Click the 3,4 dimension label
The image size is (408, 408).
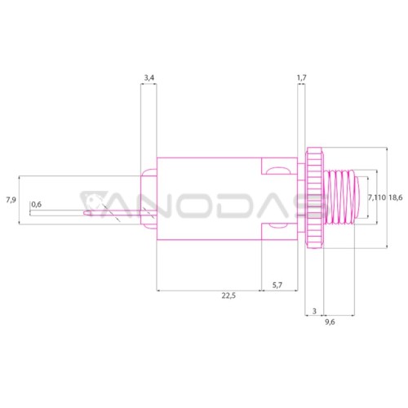coord(149,78)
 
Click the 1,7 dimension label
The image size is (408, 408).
coord(301,78)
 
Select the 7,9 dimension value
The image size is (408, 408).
coord(11,200)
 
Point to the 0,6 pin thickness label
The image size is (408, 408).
coord(36,204)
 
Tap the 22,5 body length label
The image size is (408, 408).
coord(228,295)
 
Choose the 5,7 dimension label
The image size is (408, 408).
coord(277,285)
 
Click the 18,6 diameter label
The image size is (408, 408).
coord(395,197)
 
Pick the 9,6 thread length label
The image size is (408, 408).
coord(330,322)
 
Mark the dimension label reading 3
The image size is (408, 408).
coord(314,311)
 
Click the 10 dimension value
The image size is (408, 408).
coord(382,197)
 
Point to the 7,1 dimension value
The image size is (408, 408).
coord(373,197)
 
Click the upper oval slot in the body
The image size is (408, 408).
coord(278,171)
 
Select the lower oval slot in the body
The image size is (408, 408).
coord(278,225)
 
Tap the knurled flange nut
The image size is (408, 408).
coord(314,197)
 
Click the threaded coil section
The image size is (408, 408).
coord(339,197)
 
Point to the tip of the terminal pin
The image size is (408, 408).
coord(84,213)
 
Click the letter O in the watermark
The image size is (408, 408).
coord(191,205)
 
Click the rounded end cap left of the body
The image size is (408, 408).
coord(149,198)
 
